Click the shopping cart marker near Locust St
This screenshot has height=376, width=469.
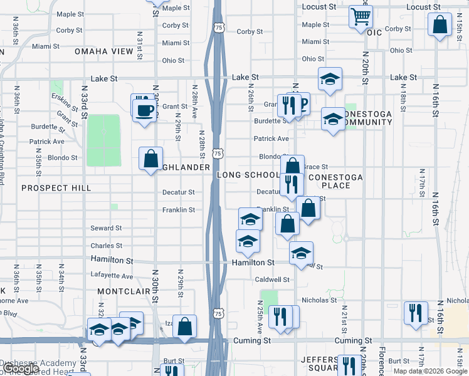(x=361, y=17)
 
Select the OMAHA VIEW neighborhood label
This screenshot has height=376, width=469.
(x=105, y=51)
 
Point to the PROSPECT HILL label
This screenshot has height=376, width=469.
(x=56, y=188)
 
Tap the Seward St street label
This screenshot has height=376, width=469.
(x=106, y=228)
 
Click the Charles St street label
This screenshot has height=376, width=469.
(x=106, y=246)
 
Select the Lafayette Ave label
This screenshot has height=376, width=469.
(x=112, y=276)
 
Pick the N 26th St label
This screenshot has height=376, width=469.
(x=250, y=100)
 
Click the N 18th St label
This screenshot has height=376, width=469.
(x=403, y=101)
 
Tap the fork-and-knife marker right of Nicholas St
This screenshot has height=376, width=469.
(x=415, y=313)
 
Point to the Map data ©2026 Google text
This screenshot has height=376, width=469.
(x=429, y=371)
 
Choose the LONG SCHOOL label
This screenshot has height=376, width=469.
(x=248, y=175)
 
